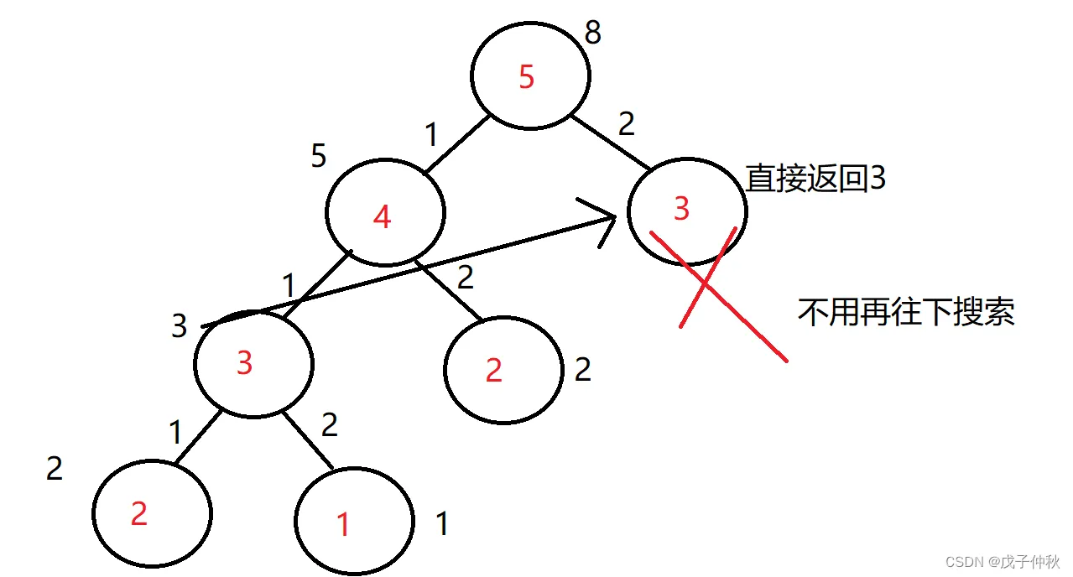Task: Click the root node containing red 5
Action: coord(529,77)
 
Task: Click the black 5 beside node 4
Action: coord(318,156)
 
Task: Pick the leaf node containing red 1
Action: coord(354,521)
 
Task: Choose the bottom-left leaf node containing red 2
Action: coord(152,512)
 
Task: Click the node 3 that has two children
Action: coord(253,365)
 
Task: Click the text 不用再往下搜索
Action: coord(906,312)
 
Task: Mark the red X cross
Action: coord(706,284)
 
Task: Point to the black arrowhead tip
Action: coord(616,216)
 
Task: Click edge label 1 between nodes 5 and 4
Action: coord(432,133)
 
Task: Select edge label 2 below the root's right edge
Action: coord(626,124)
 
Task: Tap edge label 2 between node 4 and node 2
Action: coord(466,276)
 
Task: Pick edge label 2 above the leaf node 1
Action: coord(329,425)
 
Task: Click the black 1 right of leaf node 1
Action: coord(442,524)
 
